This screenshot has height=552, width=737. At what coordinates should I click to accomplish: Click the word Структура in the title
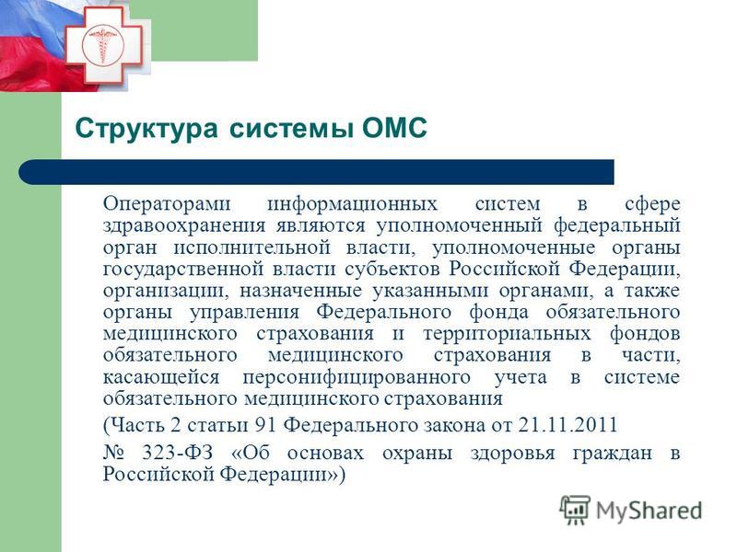(146, 129)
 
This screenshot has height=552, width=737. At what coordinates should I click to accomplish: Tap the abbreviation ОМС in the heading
(394, 127)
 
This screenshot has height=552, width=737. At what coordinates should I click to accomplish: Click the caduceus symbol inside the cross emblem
(102, 44)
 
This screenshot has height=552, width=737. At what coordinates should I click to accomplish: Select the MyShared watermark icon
(574, 510)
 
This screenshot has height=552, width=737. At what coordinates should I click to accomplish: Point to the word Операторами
(167, 203)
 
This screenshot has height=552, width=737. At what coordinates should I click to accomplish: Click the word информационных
(353, 204)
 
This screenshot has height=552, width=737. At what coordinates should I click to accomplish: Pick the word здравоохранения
(184, 226)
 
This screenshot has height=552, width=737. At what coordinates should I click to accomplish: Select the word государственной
(181, 270)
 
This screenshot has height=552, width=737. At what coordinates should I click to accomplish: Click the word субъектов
(392, 269)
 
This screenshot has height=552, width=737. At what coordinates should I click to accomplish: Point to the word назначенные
(301, 291)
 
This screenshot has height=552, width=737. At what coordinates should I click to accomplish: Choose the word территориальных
(507, 334)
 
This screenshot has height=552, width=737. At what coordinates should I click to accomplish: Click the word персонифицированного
(357, 378)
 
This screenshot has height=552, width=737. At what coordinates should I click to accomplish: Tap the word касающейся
(161, 377)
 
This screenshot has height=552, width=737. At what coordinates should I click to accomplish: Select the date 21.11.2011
(567, 425)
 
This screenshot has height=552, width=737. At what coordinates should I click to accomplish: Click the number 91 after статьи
(265, 425)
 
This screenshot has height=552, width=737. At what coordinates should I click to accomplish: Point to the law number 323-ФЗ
(178, 453)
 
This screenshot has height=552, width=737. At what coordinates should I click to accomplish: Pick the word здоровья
(513, 454)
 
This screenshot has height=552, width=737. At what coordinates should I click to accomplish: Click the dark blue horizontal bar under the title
(316, 172)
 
